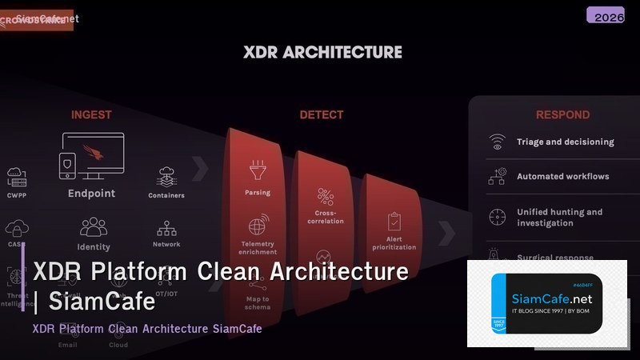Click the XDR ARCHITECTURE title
coord(322,53)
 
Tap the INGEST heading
coord(91,115)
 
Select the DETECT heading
coord(322,115)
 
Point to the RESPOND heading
coord(562,115)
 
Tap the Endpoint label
coord(91,194)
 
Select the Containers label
coord(166,195)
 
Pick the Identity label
coord(94,247)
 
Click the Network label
coord(166,244)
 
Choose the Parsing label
coord(258,193)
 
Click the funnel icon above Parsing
coord(258,170)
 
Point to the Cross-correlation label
coord(325,218)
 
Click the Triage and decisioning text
coord(565,142)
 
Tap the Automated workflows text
coord(562,177)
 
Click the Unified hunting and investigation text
coord(559,218)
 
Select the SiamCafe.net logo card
coord(546,303)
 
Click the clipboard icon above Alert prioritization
coord(394,221)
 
